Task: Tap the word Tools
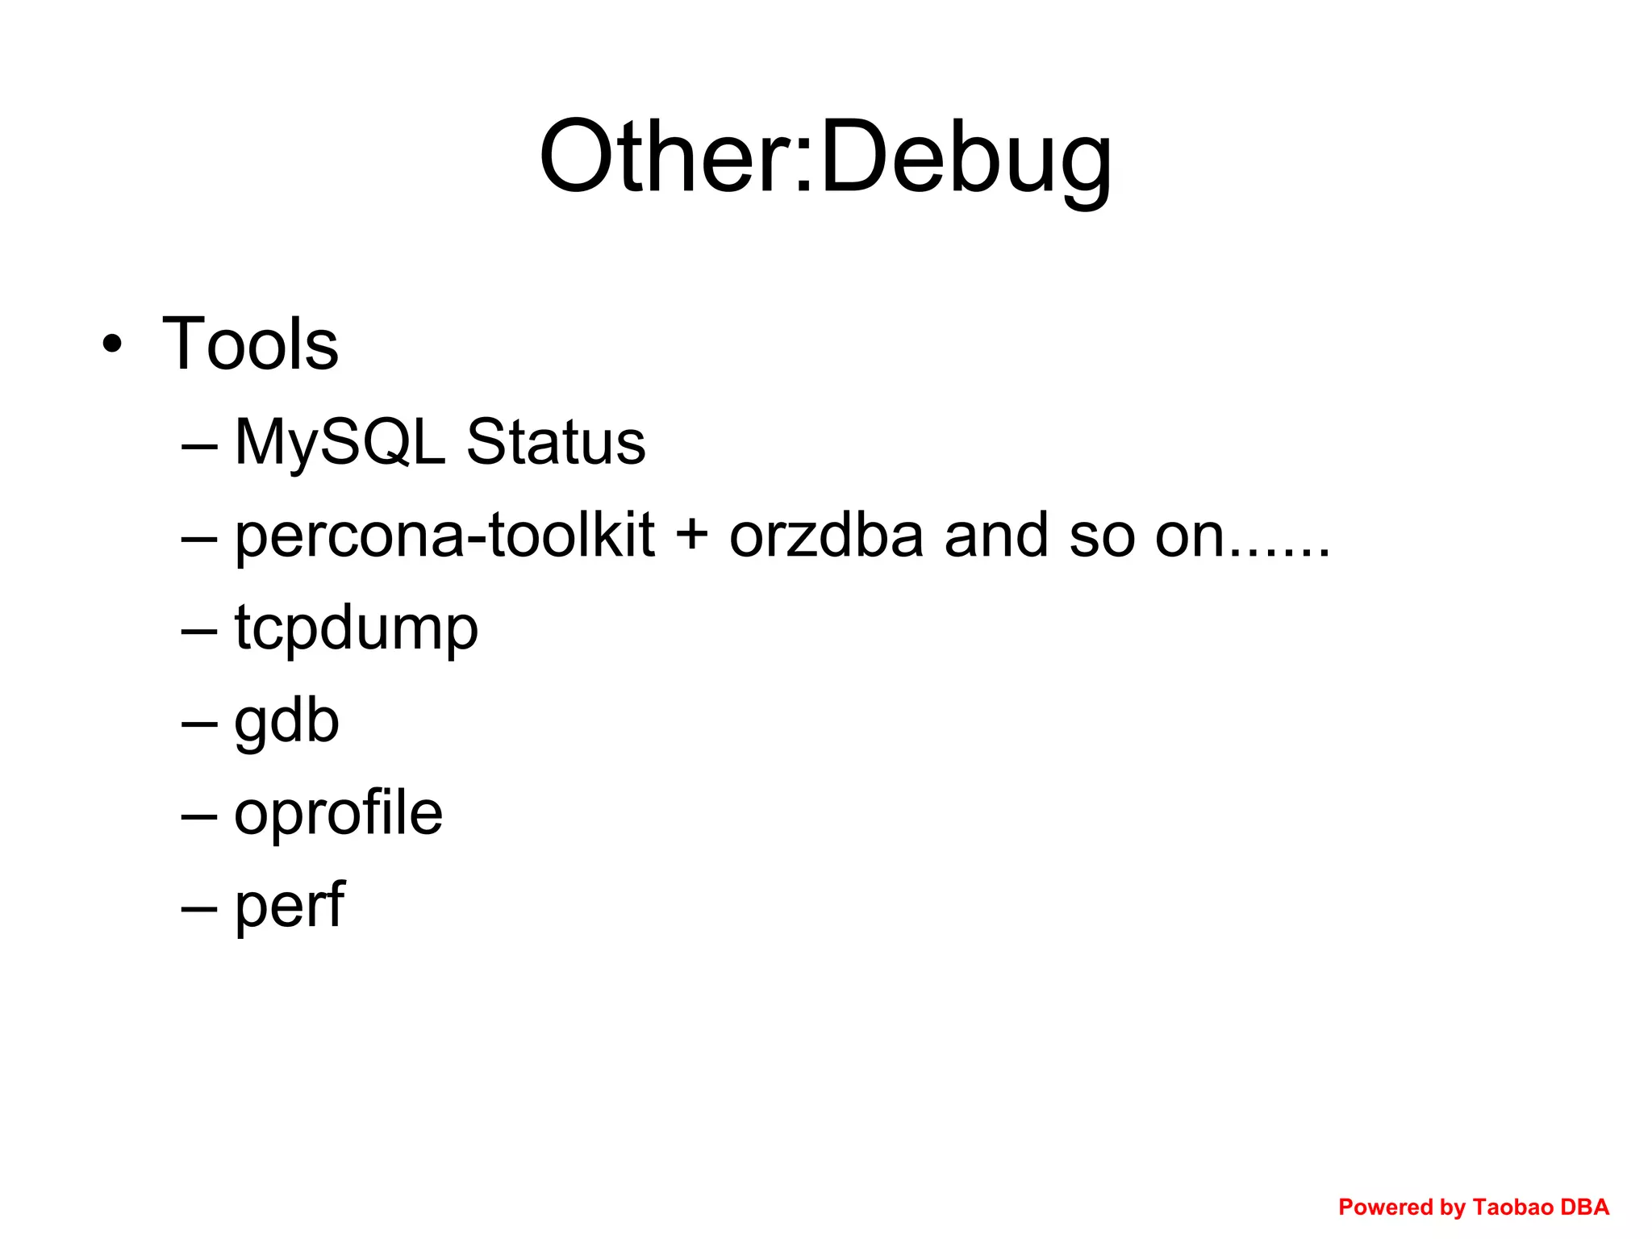point(250,344)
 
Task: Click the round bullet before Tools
point(113,345)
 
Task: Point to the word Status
point(556,443)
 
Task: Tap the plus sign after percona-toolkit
point(691,536)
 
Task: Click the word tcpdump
point(357,629)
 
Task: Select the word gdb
point(286,723)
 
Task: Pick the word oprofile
point(338,813)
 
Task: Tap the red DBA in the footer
point(1585,1208)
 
